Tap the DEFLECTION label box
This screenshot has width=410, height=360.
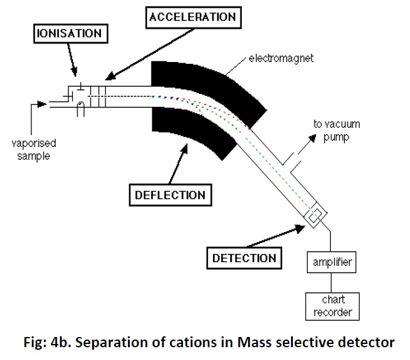point(170,194)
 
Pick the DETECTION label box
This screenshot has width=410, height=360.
point(244,258)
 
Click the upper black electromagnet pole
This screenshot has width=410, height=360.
point(211,83)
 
